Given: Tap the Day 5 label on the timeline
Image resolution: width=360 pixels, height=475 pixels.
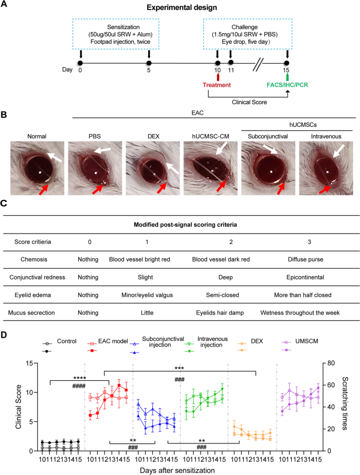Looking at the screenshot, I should coord(149,70).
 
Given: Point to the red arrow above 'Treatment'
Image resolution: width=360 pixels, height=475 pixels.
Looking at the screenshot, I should coord(217,76).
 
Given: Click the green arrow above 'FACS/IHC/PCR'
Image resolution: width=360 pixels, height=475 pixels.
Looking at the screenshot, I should coord(287,76).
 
